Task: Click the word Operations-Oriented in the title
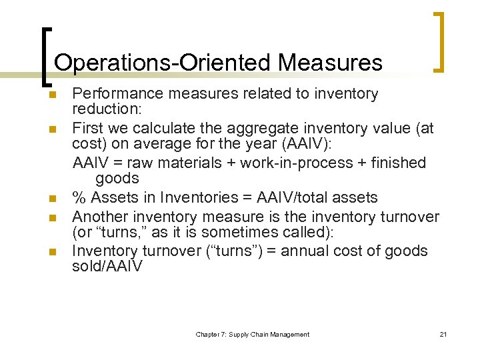(162, 63)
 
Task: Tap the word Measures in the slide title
(331, 63)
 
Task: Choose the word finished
(397, 163)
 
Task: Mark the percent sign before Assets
(79, 198)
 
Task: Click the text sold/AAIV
(107, 266)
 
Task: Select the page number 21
(443, 335)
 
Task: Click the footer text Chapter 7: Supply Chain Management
(252, 335)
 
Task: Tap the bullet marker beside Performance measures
(51, 95)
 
